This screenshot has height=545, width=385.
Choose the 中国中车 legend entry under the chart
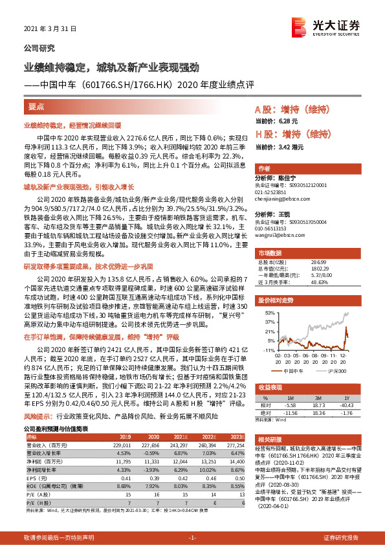[x=296, y=371]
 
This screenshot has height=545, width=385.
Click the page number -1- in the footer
[x=192, y=537]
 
